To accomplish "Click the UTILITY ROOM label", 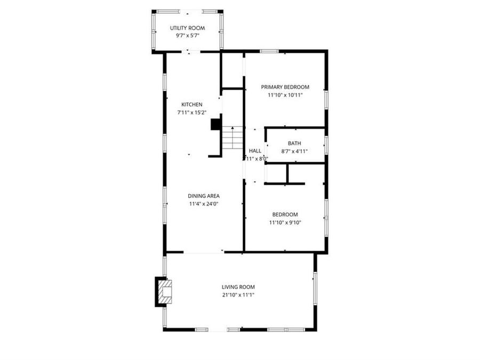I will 187,28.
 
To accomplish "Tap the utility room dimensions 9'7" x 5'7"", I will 187,36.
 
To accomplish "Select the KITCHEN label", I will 191,105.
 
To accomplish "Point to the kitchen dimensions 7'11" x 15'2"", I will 191,113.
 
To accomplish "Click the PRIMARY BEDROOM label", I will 285,87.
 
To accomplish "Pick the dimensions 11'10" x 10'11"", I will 285,95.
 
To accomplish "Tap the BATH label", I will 294,143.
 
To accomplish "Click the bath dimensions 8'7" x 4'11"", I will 294,151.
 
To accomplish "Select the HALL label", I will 255,151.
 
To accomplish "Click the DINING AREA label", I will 203,196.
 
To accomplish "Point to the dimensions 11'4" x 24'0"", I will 203,204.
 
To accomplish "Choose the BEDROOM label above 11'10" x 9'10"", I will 285,214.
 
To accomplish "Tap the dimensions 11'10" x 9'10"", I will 285,222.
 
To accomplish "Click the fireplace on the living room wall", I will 163,292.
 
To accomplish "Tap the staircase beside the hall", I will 233,139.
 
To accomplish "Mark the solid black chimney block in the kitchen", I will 216,124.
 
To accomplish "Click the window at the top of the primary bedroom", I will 269,51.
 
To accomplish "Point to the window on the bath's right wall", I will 326,145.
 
